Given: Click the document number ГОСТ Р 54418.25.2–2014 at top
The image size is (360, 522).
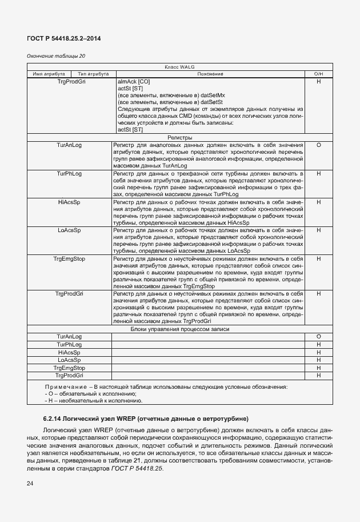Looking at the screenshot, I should (64, 38).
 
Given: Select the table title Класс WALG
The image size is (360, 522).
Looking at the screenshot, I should (179, 67).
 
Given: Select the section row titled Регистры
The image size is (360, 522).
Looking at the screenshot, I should (179, 138).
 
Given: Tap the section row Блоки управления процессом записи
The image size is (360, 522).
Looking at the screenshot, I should (179, 329).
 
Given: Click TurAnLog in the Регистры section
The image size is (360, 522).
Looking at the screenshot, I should (69, 145).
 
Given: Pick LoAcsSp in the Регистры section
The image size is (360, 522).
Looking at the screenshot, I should (69, 230).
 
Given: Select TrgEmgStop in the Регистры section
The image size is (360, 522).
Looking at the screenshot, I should (69, 258).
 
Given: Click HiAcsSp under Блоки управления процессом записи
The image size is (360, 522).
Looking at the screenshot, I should (69, 352).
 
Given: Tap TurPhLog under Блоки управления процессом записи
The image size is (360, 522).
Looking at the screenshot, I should (69, 345).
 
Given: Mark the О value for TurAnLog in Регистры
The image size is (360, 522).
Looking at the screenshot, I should (318, 145).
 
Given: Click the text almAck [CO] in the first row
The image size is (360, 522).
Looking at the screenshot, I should (130, 82).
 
